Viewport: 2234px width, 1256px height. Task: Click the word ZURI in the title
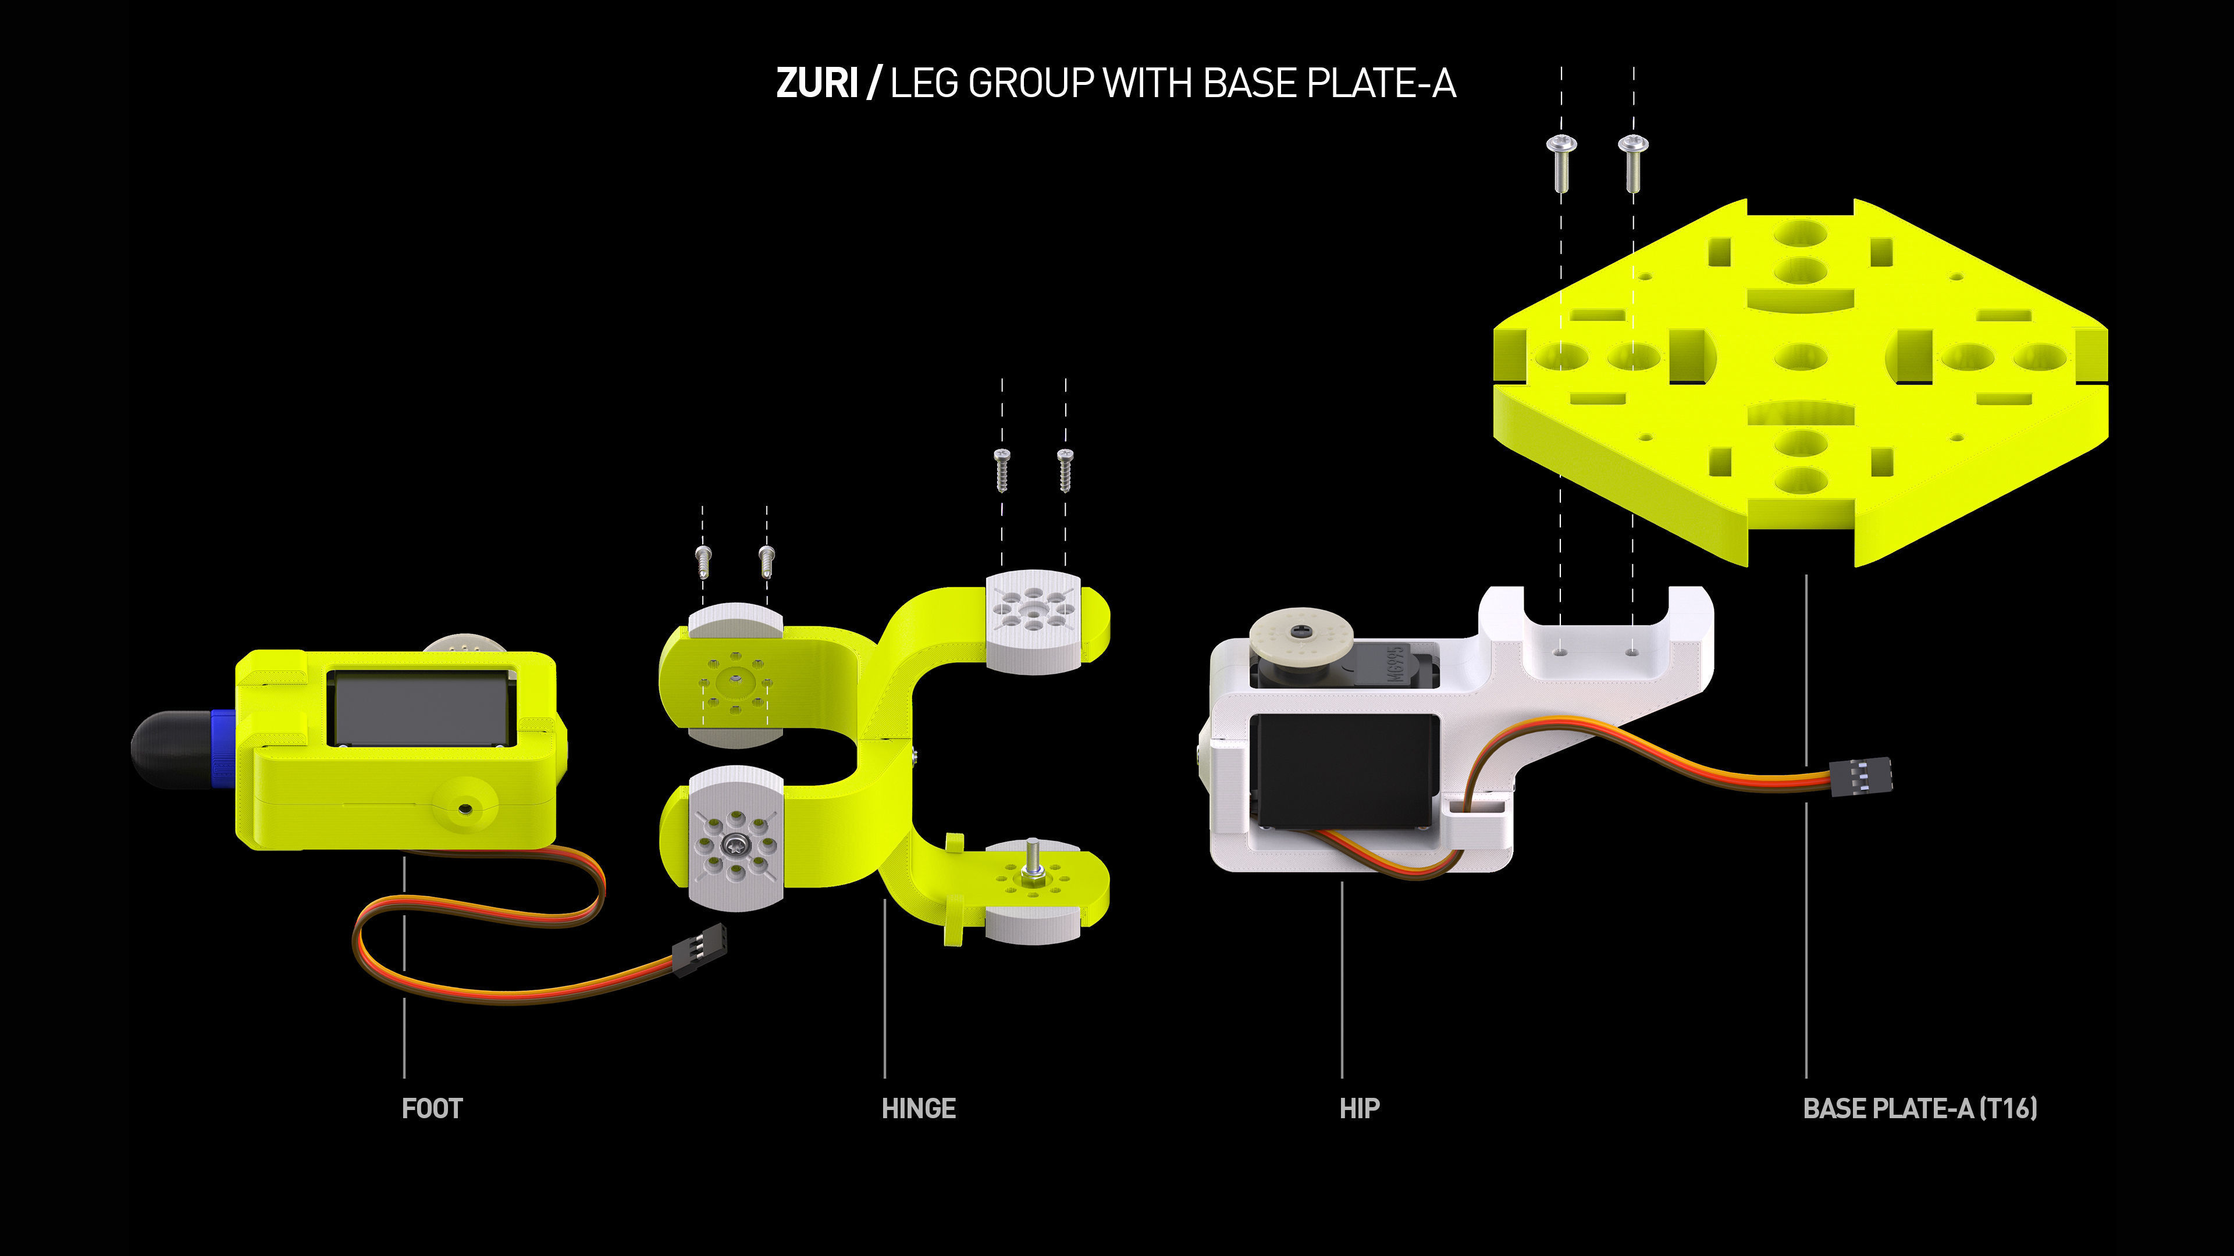(816, 84)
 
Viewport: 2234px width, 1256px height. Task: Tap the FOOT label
(432, 1109)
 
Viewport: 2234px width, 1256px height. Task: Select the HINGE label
(919, 1109)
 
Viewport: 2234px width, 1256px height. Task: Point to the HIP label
(1359, 1109)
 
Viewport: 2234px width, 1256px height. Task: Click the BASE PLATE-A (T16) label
(1919, 1109)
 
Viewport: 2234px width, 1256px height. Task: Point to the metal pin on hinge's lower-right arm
(1032, 859)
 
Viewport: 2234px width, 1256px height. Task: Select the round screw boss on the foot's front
(465, 808)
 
